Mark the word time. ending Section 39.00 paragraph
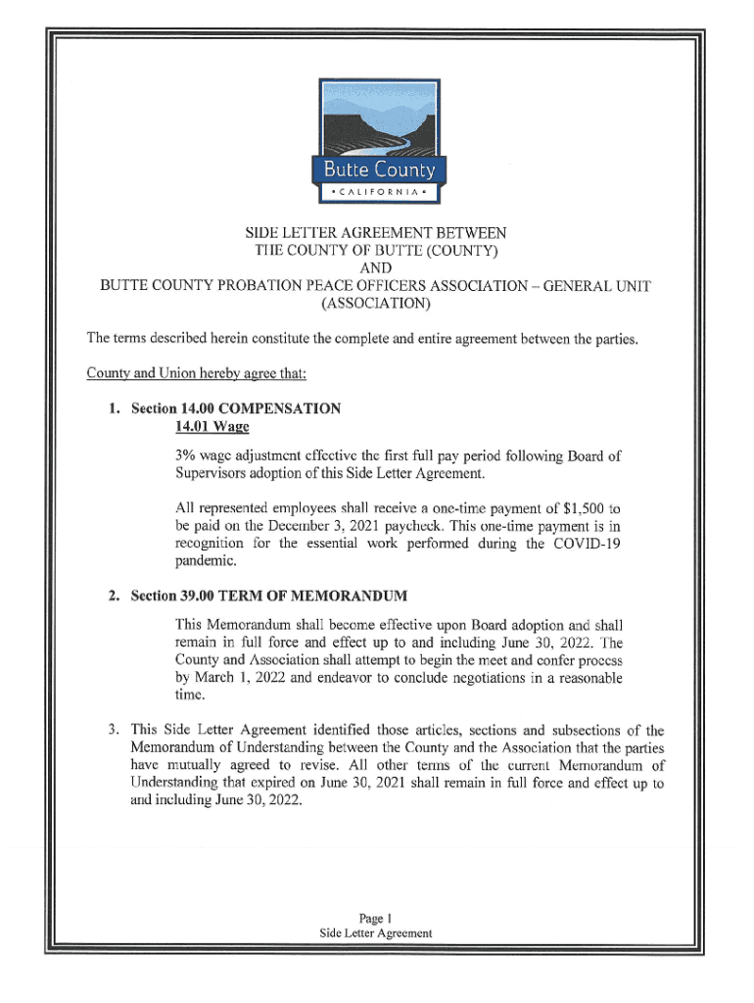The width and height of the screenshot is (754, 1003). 190,694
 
